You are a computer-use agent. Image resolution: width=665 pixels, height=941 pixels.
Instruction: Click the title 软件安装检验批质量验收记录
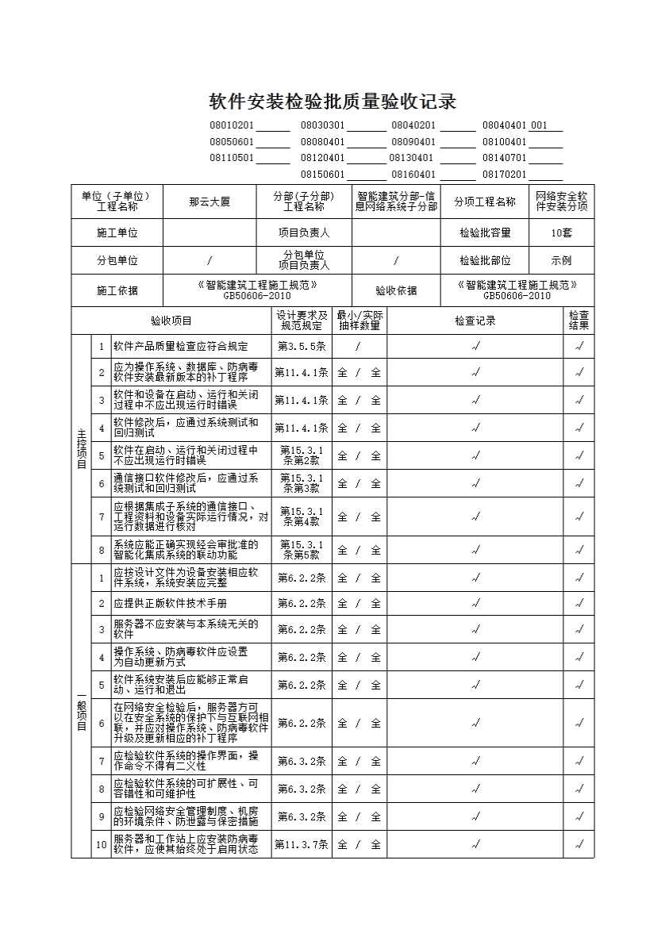tap(332, 102)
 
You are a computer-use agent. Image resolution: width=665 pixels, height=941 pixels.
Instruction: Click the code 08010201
tap(232, 125)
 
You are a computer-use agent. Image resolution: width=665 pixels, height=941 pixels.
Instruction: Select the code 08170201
tap(505, 175)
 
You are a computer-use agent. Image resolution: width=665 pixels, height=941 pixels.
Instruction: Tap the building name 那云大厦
tap(209, 202)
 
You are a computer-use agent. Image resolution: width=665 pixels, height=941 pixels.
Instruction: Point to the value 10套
tap(561, 232)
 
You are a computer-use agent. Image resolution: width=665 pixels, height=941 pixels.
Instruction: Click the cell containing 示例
tap(561, 260)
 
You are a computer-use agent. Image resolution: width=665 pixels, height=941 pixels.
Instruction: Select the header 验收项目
tap(171, 321)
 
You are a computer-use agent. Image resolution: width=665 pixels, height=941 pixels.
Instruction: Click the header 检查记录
tap(475, 321)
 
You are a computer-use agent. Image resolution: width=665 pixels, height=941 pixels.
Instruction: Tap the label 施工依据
tap(117, 291)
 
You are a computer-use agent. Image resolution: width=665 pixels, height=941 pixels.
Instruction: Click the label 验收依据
tap(396, 291)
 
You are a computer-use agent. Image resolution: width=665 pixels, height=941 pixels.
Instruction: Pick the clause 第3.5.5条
tap(302, 346)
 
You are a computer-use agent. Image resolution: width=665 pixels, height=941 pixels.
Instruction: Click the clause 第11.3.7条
tap(302, 845)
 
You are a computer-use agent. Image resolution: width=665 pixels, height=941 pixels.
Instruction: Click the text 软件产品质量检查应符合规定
tap(180, 346)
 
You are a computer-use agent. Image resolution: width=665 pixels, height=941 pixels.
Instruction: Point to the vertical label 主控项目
tap(81, 449)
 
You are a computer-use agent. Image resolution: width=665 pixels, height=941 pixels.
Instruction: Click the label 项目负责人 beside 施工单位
tap(304, 232)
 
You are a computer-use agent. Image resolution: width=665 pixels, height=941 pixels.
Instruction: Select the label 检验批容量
tap(485, 232)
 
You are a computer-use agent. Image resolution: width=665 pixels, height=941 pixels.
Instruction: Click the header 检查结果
tap(579, 321)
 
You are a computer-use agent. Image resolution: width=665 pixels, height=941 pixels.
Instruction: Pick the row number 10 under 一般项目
tap(101, 845)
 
